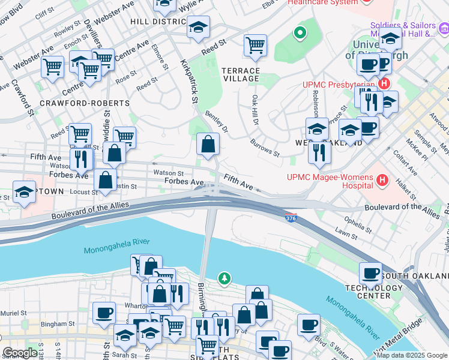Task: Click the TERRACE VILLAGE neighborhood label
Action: (x=241, y=74)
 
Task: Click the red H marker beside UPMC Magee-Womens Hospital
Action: (x=382, y=179)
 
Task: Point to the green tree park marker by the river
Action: (x=224, y=278)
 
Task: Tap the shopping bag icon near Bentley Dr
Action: (x=208, y=145)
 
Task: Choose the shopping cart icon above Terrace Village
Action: (x=255, y=45)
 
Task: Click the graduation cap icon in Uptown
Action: (x=25, y=192)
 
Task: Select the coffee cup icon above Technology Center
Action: (x=370, y=274)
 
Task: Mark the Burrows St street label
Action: (x=265, y=149)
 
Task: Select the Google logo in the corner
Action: (x=20, y=353)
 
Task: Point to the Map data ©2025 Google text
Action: (x=412, y=355)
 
